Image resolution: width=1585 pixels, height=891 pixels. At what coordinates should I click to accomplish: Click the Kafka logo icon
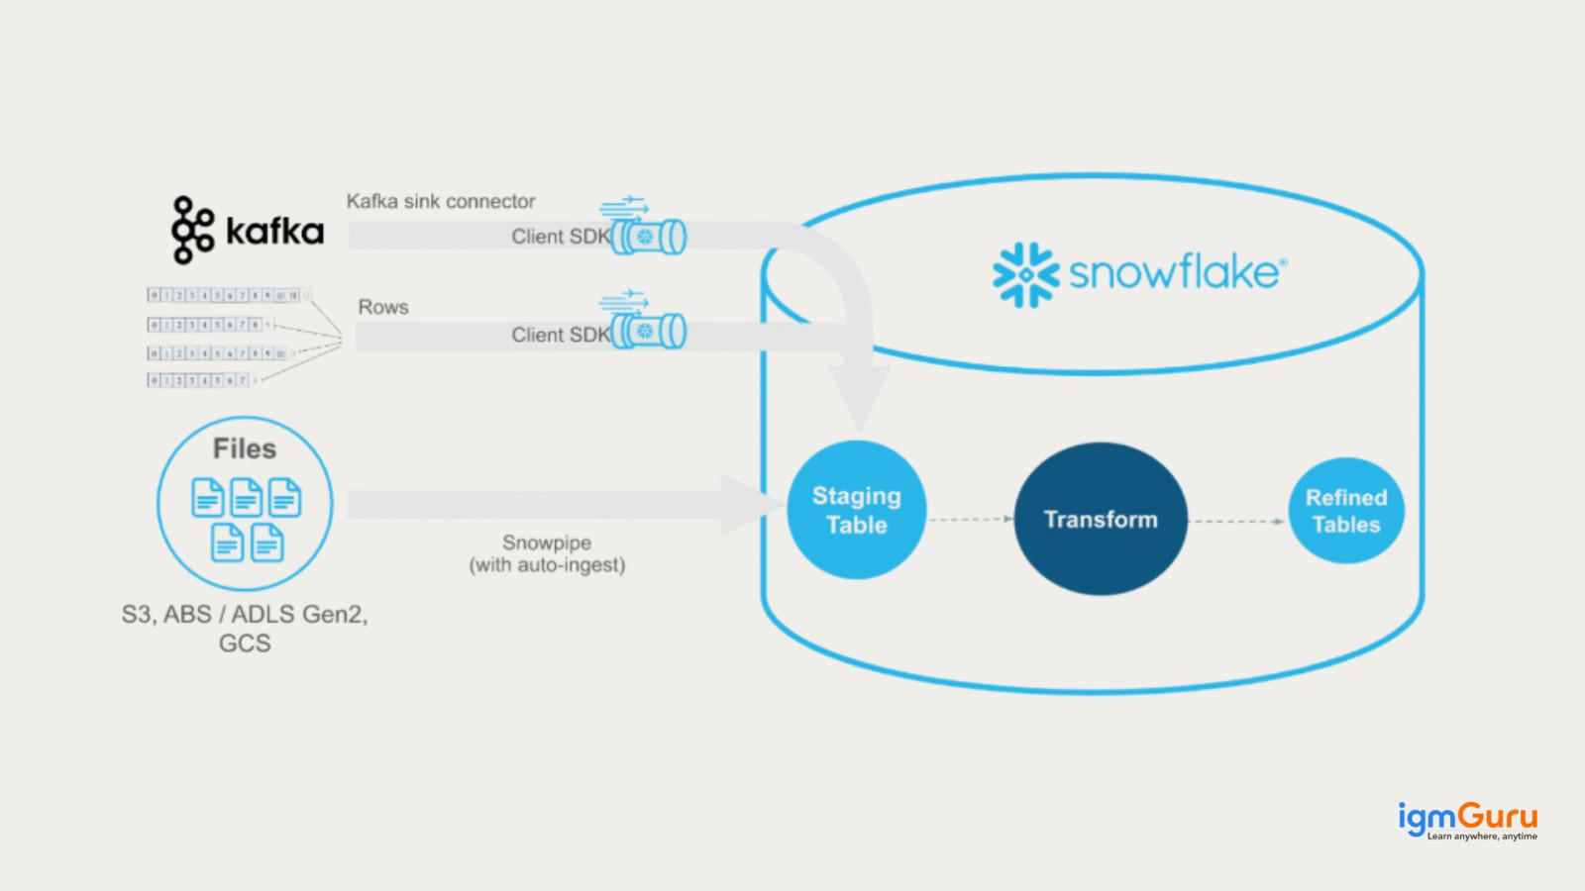point(191,230)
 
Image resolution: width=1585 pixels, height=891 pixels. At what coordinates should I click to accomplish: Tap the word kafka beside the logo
point(274,231)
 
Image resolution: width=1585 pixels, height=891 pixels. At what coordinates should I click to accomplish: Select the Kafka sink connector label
point(441,201)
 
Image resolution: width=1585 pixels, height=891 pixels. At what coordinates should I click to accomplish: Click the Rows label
point(383,307)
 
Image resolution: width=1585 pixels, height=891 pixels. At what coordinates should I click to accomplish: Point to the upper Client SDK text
point(560,237)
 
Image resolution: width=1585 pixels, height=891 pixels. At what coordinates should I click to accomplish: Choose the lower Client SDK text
point(560,335)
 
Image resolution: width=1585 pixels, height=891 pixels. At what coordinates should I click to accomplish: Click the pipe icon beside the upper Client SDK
point(649,237)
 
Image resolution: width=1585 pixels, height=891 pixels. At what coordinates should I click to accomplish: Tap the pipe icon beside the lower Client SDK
point(649,331)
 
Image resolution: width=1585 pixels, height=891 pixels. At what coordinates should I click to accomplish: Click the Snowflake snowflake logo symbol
point(1025,274)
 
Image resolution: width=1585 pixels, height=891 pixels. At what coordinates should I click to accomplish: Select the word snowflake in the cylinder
point(1177,272)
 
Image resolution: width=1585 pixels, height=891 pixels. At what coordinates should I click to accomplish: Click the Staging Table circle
point(857,510)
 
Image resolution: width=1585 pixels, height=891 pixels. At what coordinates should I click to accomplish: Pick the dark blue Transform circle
point(1101,519)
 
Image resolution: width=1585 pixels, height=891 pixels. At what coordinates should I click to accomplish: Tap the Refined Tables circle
point(1346,511)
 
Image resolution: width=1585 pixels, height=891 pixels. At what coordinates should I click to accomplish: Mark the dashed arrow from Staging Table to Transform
point(971,519)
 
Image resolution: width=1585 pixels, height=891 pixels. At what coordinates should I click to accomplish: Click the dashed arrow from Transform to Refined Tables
point(1237,521)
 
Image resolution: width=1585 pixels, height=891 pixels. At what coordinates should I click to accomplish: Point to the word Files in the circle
point(245,448)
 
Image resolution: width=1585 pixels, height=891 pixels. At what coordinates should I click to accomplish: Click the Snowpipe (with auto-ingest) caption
point(547,553)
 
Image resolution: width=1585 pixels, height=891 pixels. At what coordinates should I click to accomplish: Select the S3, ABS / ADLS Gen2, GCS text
point(245,628)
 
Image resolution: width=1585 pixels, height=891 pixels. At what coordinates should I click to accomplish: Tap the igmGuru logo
point(1467,821)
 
